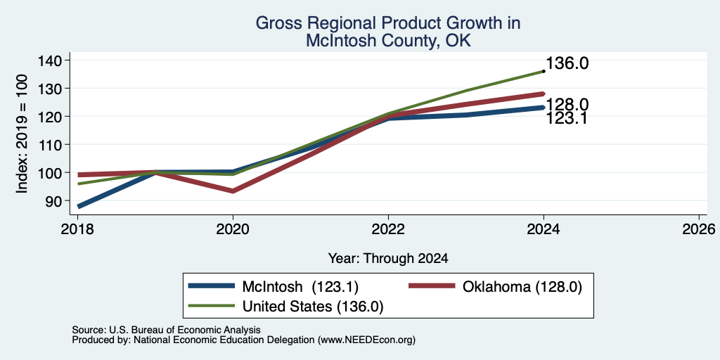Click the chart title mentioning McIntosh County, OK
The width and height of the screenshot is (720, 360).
388,31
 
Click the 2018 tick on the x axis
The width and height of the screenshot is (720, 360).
77,229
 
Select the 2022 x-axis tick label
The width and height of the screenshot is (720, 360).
388,229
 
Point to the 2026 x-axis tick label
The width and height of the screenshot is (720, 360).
699,229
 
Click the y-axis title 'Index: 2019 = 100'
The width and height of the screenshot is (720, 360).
22,134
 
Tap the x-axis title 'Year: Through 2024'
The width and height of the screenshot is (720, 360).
388,259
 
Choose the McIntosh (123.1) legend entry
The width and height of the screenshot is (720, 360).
274,287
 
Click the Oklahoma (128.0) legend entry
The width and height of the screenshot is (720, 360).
496,287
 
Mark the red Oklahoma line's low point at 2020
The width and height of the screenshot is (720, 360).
233,191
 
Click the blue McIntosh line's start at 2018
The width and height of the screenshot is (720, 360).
79,207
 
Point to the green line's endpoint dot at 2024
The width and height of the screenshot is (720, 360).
544,71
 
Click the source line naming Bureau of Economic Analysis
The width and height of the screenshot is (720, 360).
167,330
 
